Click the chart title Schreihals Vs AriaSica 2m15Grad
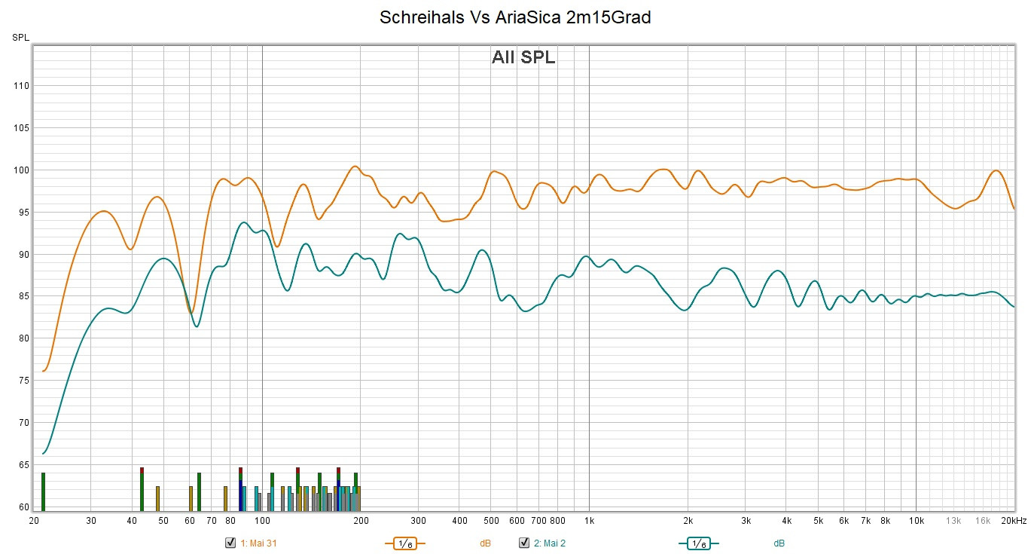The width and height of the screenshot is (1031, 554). pos(515,17)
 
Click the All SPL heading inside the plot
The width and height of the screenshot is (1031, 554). pos(523,57)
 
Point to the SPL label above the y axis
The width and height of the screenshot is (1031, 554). pos(20,38)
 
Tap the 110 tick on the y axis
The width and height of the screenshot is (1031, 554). pos(21,86)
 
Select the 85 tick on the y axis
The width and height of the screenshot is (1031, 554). pos(23,296)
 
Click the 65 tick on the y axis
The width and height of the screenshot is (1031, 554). pos(23,464)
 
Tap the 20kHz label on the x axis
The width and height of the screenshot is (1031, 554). pos(1013,521)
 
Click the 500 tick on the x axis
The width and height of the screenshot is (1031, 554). pos(491,521)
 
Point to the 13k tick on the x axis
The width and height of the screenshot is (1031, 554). pos(953,521)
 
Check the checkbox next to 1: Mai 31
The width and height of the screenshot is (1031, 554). pos(230,543)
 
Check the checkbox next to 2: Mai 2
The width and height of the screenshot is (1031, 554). pos(524,543)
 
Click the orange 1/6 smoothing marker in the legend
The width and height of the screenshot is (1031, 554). pos(405,543)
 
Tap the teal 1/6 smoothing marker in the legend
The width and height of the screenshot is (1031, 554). pos(699,543)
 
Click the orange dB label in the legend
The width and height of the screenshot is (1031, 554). pos(485,543)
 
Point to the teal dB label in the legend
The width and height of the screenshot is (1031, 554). pos(779,543)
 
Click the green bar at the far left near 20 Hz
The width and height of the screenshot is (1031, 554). pos(44,491)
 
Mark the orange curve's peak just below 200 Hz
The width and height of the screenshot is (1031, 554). pos(355,167)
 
